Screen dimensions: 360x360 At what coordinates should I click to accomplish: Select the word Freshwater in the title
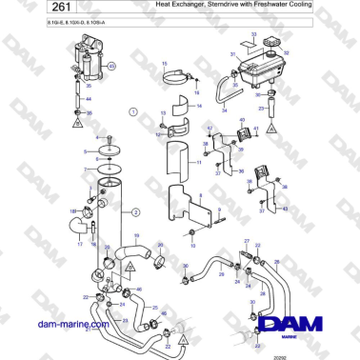(x=277, y=6)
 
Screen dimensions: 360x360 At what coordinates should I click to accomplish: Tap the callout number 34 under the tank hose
(x=224, y=110)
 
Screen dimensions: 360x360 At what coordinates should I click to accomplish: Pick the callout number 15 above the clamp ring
(x=165, y=65)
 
